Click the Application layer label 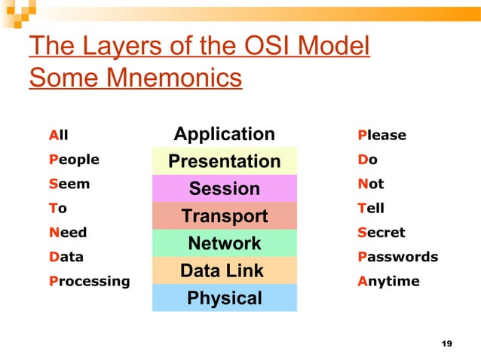224,135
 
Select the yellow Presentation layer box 224,161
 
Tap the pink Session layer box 224,188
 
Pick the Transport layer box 224,216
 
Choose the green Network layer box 224,243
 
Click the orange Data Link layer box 224,270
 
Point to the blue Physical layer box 224,298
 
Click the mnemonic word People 74,160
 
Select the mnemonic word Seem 69,184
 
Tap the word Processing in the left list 89,281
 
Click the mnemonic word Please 381,136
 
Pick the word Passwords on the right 397,257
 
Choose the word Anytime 388,281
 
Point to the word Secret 381,233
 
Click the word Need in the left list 68,233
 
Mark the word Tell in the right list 371,208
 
